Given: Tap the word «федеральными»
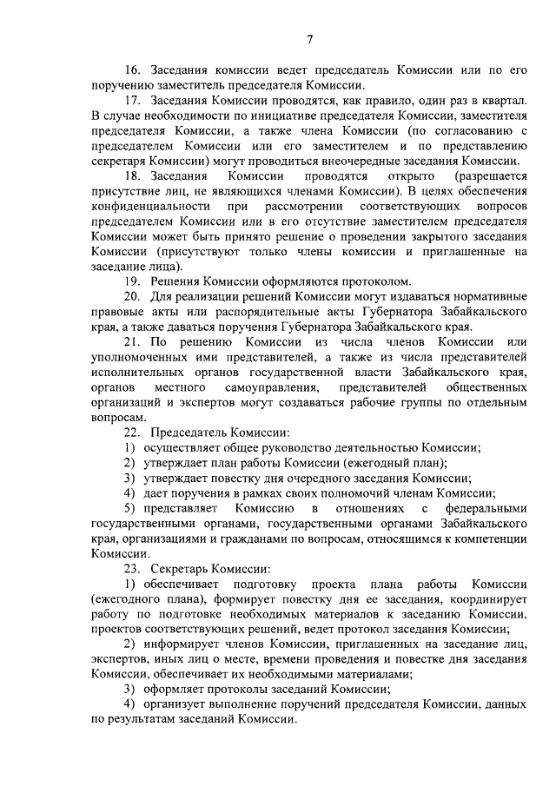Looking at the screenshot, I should coord(482,508).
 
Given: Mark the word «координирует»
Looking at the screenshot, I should coord(482,598).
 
